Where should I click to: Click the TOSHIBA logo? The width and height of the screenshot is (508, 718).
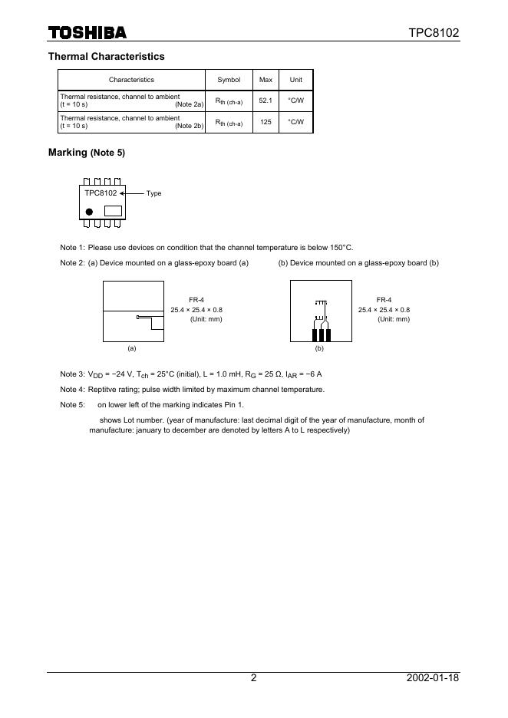tap(87, 32)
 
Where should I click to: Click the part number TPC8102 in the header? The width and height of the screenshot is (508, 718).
tap(433, 33)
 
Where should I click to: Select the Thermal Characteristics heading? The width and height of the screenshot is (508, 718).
tap(106, 57)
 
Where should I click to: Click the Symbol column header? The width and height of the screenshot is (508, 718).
tap(229, 80)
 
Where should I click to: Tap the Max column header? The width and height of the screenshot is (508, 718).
tap(266, 80)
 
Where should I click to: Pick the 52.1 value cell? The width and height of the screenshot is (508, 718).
tap(266, 100)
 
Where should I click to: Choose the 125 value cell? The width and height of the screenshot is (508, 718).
tap(266, 122)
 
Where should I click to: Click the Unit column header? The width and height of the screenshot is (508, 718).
tap(295, 80)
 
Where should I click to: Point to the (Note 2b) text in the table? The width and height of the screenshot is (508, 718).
tap(189, 126)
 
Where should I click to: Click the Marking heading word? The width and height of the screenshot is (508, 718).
tap(68, 153)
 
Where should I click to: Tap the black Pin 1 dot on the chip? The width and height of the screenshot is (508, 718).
tap(89, 211)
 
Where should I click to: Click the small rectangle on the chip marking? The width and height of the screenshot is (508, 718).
tap(113, 210)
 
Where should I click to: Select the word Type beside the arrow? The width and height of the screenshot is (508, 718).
tap(153, 193)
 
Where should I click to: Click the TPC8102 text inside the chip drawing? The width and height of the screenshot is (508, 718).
tap(101, 193)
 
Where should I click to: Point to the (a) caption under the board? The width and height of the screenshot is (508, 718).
tap(132, 348)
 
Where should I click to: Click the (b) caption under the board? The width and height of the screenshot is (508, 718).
tap(319, 348)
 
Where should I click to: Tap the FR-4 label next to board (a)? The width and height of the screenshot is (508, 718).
tap(196, 300)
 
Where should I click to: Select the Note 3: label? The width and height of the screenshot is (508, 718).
tap(72, 374)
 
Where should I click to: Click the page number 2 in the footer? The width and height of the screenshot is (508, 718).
tap(253, 678)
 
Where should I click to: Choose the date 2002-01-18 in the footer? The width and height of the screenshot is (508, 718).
tap(433, 678)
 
